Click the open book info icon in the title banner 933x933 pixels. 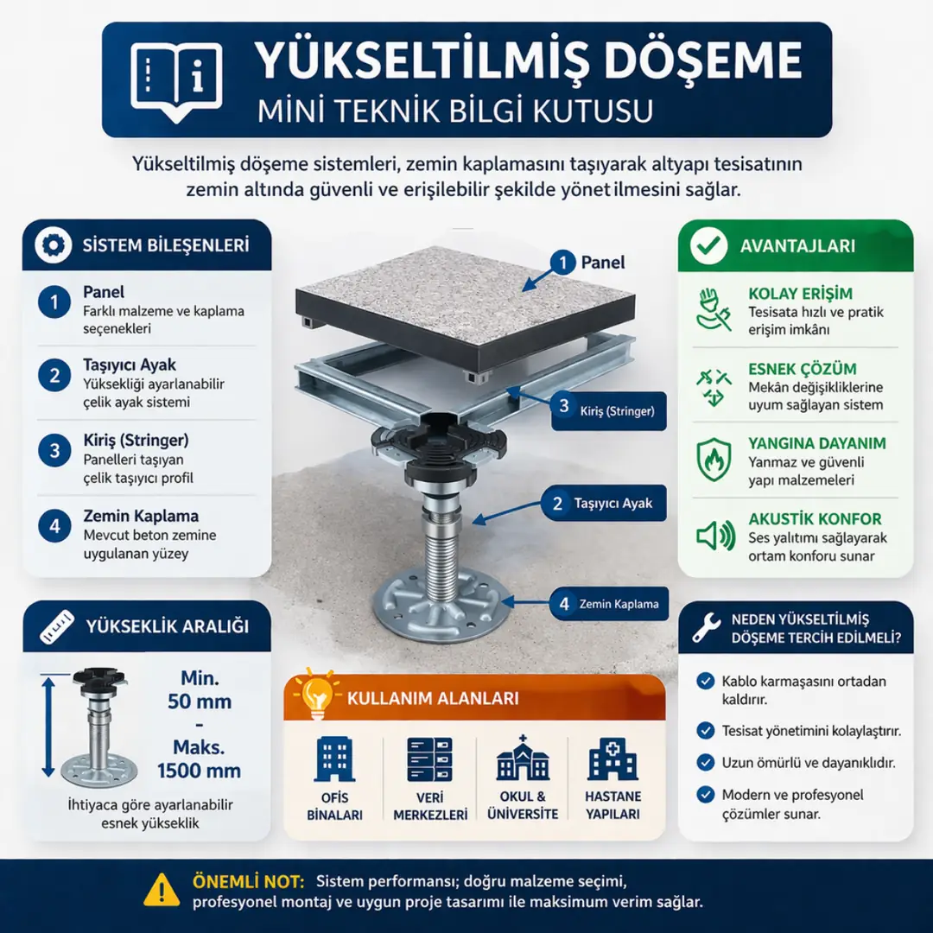click(x=176, y=80)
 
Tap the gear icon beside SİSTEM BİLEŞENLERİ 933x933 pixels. click(x=53, y=245)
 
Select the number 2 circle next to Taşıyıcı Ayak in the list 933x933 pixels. click(x=54, y=376)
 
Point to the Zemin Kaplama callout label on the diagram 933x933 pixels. click(x=608, y=604)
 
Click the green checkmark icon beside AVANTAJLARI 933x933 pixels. click(x=708, y=245)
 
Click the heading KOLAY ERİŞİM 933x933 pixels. click(x=800, y=294)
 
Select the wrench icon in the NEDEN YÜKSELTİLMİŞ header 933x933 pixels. click(x=707, y=628)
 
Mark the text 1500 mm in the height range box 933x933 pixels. click(x=199, y=771)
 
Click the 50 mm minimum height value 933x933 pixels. click(x=200, y=701)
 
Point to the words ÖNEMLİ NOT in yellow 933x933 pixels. click(x=248, y=882)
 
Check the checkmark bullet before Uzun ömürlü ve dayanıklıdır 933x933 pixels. click(x=705, y=763)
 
